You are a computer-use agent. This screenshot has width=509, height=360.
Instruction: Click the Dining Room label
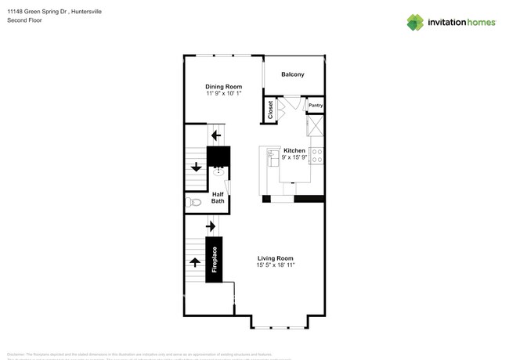click(x=223, y=87)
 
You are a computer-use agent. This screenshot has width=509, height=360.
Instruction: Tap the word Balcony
click(x=293, y=74)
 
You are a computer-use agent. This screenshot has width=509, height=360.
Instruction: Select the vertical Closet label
click(x=271, y=110)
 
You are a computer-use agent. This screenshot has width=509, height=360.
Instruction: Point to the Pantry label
click(x=315, y=105)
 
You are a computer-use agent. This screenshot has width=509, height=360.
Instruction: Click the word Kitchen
click(x=294, y=150)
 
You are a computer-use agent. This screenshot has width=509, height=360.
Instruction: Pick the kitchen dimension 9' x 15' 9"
click(x=294, y=157)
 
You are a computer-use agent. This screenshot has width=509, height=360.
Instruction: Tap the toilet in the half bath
click(x=194, y=203)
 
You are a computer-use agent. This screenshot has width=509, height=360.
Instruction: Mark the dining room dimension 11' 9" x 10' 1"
click(x=223, y=94)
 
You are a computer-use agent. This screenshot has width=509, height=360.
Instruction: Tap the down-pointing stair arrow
click(x=195, y=166)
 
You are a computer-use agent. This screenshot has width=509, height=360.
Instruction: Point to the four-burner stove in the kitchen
click(x=317, y=155)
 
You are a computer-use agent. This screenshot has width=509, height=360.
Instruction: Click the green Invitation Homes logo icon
click(x=415, y=23)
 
